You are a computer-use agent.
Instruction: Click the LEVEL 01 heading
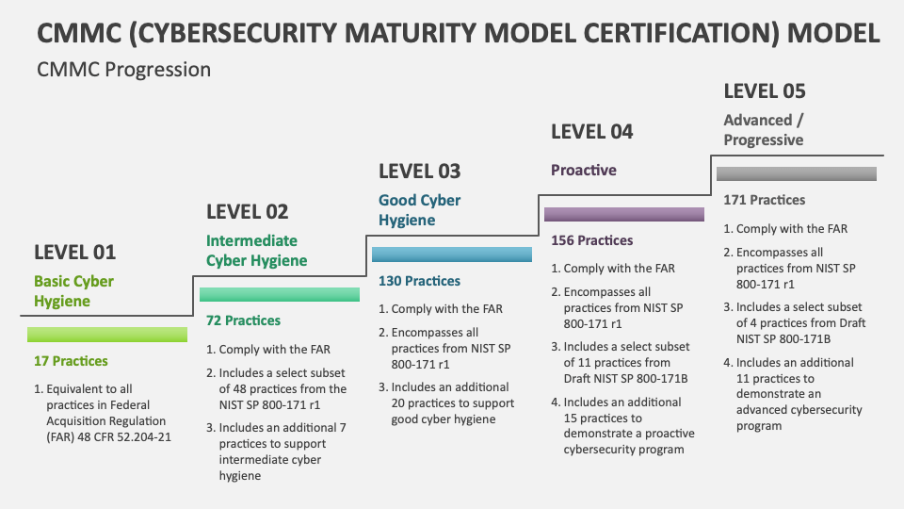tap(75, 253)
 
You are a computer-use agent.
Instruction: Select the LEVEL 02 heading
tap(248, 212)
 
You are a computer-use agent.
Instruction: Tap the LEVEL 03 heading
tap(420, 172)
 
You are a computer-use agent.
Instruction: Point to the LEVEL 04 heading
tap(592, 132)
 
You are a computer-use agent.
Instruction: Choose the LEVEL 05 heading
tap(765, 91)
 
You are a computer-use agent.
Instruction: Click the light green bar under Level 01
tap(107, 335)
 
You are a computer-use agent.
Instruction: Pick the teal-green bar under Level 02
tap(280, 294)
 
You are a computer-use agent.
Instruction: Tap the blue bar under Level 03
tap(452, 254)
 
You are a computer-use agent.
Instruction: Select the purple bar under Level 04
tap(624, 214)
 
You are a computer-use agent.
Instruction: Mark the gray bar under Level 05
tap(797, 173)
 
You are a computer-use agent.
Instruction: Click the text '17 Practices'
tap(71, 361)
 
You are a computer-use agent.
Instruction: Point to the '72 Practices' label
tap(243, 320)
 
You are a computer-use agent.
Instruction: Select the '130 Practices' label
tap(420, 281)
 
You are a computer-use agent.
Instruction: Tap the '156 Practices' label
tap(592, 240)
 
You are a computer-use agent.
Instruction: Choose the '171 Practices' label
tap(765, 200)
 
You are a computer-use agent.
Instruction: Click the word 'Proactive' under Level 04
tap(584, 171)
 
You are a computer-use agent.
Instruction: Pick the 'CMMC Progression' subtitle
tap(124, 70)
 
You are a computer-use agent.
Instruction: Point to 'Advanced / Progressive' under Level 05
tap(764, 130)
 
